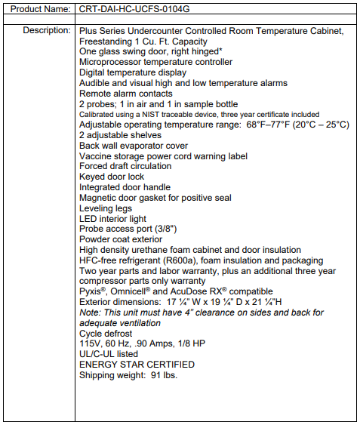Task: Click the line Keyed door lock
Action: [112, 177]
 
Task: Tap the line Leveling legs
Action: [106, 208]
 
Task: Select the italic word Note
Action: [90, 313]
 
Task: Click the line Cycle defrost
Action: [106, 333]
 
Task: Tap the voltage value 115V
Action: [90, 343]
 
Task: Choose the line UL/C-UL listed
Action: [109, 354]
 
